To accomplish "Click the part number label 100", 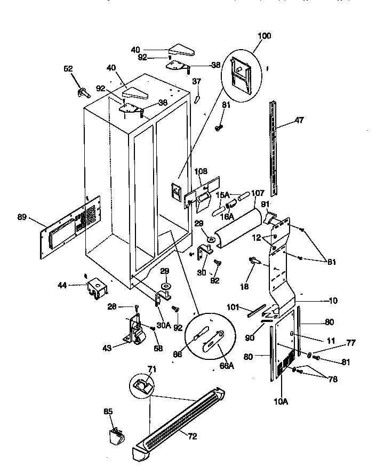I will point(264,36).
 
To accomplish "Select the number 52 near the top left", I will point(68,68).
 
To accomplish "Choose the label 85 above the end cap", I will point(108,412).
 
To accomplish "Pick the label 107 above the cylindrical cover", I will point(258,194).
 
